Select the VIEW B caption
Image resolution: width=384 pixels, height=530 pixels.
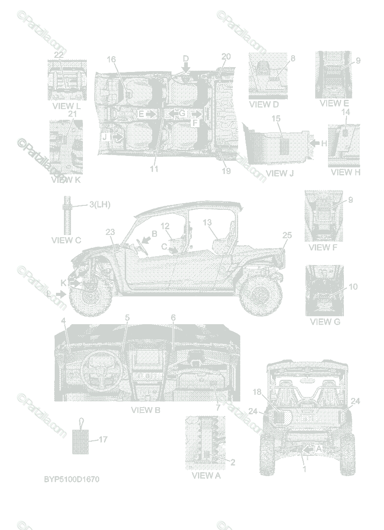[145, 410]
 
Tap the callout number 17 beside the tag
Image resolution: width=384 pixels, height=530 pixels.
[103, 439]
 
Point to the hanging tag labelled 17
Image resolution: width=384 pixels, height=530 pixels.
[80, 440]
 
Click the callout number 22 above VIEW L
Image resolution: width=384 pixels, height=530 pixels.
[59, 54]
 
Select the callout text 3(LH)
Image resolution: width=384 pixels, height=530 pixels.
[99, 204]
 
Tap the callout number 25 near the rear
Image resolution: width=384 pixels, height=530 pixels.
[287, 236]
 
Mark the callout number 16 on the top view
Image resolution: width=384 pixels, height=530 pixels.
[111, 60]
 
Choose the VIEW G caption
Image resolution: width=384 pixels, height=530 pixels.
[325, 322]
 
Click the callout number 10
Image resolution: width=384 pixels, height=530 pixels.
[353, 287]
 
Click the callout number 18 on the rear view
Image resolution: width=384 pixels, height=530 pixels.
[257, 391]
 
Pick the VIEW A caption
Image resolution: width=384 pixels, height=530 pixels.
[206, 476]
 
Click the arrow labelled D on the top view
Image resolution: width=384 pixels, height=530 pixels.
[186, 67]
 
